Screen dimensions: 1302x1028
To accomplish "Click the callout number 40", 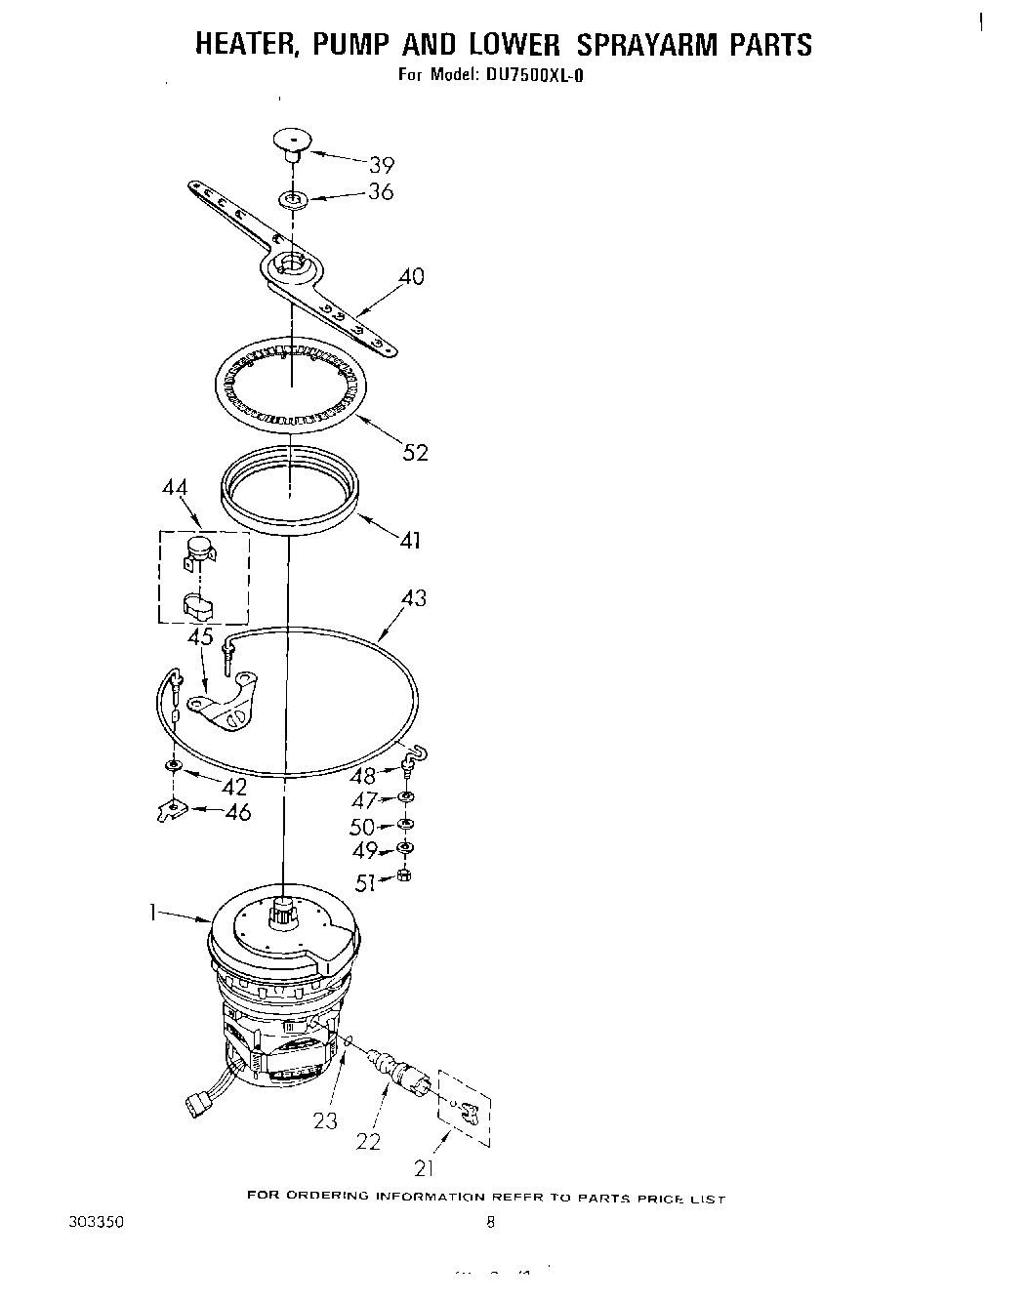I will [x=411, y=276].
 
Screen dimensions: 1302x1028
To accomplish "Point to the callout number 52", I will [x=416, y=452].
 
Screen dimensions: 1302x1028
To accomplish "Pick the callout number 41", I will [x=411, y=539].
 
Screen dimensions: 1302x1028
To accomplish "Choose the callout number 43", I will [x=414, y=597].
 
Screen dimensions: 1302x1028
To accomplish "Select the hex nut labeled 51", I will [x=405, y=875].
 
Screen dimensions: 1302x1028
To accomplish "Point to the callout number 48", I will [x=362, y=776].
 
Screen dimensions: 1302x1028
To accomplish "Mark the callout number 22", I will [x=368, y=1140].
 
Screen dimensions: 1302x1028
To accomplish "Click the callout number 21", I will [x=424, y=1166].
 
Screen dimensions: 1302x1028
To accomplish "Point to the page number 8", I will [x=491, y=1220].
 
